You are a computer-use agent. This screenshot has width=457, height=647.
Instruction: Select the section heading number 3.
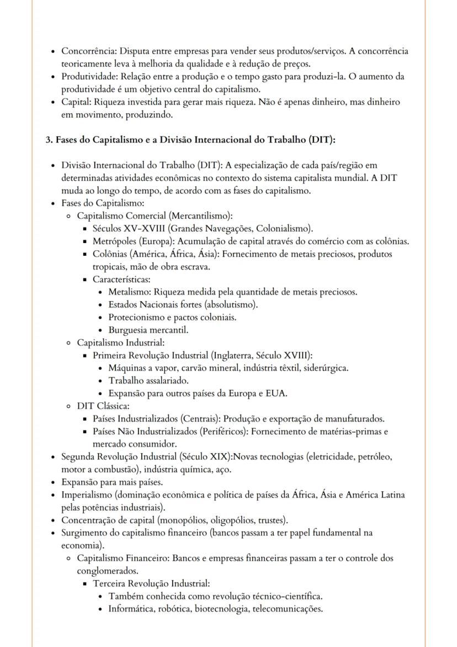tap(49, 140)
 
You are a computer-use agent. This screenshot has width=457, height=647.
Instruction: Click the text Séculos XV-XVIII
tap(126, 228)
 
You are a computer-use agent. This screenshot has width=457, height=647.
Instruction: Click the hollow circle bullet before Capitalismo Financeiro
tap(68, 559)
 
